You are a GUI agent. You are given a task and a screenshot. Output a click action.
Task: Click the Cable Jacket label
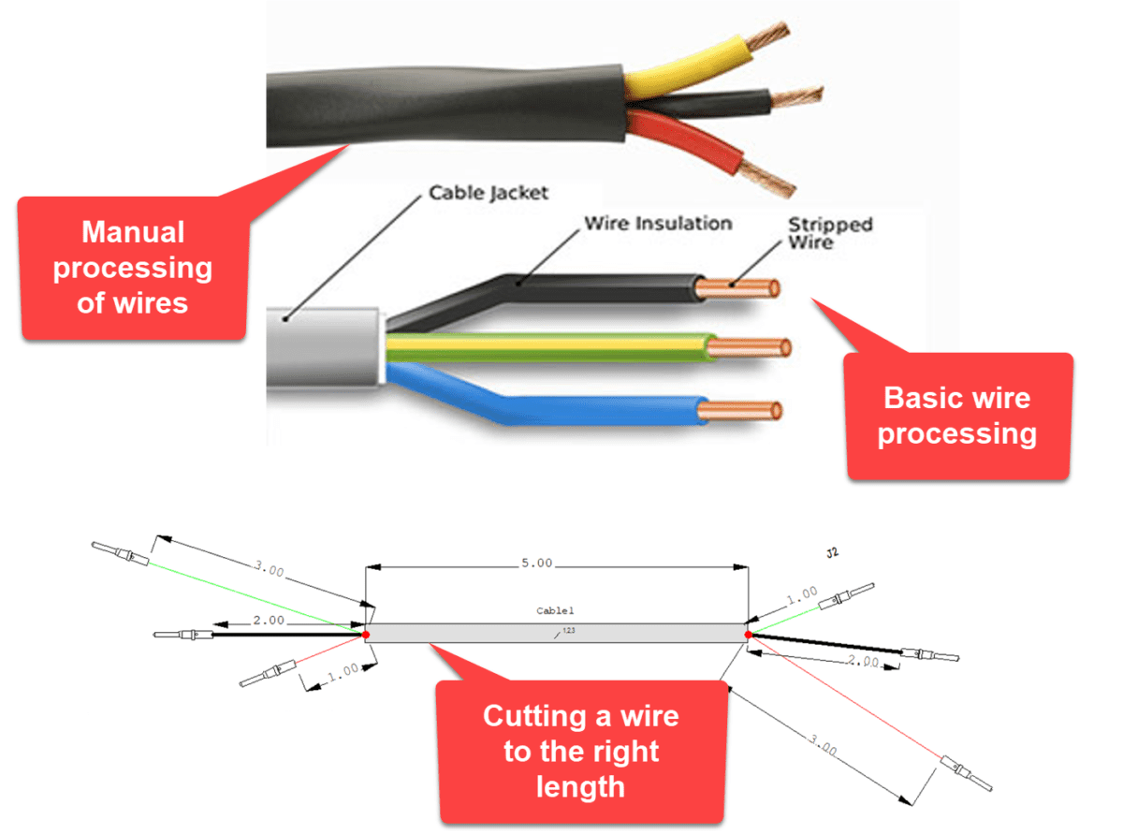(x=488, y=193)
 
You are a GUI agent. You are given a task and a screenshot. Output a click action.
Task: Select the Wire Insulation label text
(x=658, y=224)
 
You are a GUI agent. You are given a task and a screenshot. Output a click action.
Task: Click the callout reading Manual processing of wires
(x=133, y=268)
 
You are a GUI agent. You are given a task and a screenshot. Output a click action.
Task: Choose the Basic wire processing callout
(x=957, y=417)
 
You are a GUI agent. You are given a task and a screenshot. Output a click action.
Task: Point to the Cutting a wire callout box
(x=581, y=752)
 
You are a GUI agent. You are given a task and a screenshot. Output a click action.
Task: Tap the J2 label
(x=832, y=552)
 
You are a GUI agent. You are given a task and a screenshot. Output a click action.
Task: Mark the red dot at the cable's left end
(x=366, y=635)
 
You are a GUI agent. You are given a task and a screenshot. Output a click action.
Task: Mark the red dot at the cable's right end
(x=749, y=635)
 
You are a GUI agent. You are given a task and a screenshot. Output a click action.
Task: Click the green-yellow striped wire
(x=561, y=347)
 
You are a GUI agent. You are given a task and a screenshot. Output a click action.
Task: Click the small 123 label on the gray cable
(x=569, y=630)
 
